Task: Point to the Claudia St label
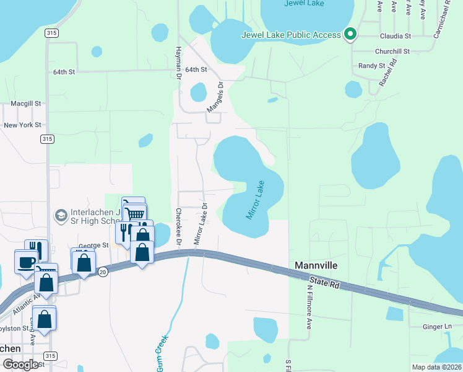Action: point(396,37)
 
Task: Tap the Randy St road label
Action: point(371,65)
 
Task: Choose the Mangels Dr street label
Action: point(214,98)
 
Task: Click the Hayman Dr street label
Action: point(178,61)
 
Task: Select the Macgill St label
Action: point(25,104)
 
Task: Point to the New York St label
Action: point(22,125)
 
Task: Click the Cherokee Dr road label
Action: point(178,225)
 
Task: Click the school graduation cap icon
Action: point(61,215)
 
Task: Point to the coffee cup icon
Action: point(25,262)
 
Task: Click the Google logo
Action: point(20,365)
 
